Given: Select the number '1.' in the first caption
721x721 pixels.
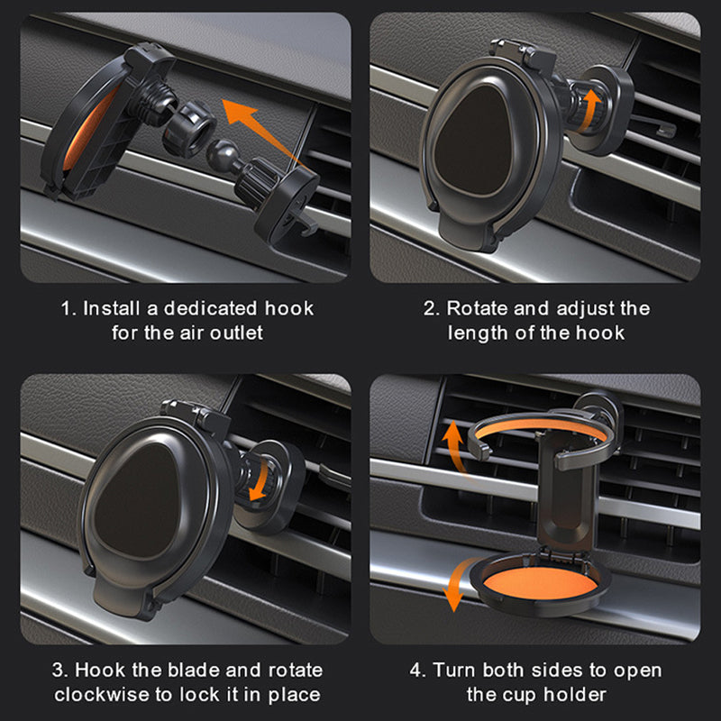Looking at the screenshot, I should click(68, 308).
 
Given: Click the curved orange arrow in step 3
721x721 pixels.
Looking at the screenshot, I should click(260, 478).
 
